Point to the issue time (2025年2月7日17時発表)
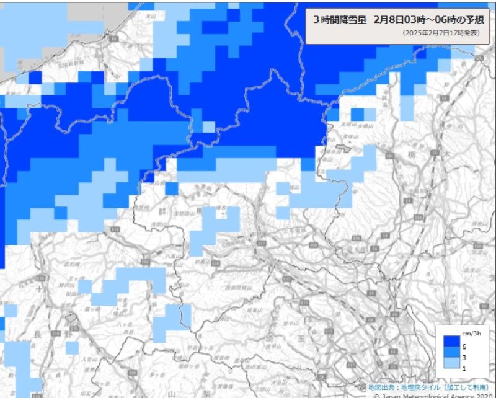tap(441, 33)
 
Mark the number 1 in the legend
tap(464, 369)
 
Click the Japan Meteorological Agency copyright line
tap(434, 395)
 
